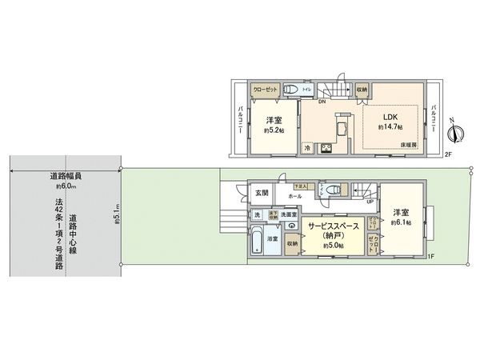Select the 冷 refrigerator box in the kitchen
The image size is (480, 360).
307,148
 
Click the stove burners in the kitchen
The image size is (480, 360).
326,148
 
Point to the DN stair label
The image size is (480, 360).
322,101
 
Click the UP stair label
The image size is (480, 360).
369,201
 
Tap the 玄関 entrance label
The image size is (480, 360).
262,193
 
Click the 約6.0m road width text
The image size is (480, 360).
66,185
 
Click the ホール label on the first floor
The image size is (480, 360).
295,194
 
